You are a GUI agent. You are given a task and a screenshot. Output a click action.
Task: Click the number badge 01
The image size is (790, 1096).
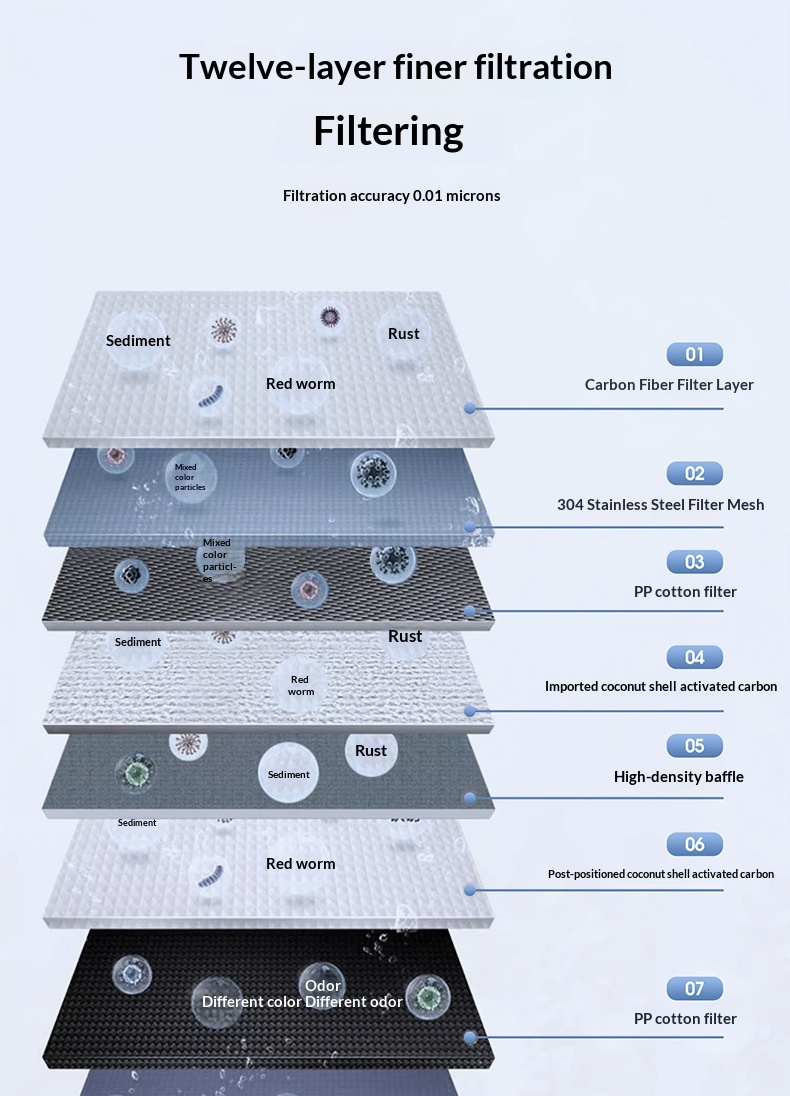pos(694,354)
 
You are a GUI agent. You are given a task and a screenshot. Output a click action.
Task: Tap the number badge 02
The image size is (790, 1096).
pos(694,473)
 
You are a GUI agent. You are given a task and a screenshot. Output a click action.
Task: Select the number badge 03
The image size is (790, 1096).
pos(694,562)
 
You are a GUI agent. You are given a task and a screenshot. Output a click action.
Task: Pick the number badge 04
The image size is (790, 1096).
pos(694,657)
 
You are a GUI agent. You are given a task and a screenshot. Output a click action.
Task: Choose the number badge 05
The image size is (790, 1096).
pos(694,746)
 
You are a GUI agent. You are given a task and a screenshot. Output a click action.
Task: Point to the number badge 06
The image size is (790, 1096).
pos(694,844)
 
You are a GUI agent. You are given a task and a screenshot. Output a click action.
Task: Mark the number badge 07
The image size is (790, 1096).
pos(694,988)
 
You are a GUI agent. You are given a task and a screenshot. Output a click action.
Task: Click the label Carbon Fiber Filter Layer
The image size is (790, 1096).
pos(669,384)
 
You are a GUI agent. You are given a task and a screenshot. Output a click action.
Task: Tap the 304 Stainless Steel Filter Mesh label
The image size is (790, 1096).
pos(661,505)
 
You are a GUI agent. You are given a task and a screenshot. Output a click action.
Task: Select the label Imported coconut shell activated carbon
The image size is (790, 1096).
pos(661,686)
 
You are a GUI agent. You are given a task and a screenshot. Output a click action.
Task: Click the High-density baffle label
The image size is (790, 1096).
pos(679,777)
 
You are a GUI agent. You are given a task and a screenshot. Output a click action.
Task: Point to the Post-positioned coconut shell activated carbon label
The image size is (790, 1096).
pos(661,874)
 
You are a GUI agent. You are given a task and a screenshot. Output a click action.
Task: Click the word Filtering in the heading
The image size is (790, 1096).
pos(389,131)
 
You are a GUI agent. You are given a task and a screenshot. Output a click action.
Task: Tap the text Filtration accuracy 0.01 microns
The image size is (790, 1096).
pos(392,196)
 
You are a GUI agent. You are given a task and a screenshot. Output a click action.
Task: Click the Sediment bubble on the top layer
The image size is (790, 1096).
pos(138,341)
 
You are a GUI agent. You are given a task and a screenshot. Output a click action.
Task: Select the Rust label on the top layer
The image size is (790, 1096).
pos(403,333)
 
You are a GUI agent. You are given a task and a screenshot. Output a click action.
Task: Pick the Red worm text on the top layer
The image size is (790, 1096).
pos(301,384)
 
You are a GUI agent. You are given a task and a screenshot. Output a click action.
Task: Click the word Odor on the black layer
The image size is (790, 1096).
pos(322,986)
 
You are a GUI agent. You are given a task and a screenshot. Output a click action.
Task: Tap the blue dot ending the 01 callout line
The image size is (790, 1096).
pos(470,408)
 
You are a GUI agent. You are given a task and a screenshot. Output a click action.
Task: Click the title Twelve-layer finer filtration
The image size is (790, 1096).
pos(396,67)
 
